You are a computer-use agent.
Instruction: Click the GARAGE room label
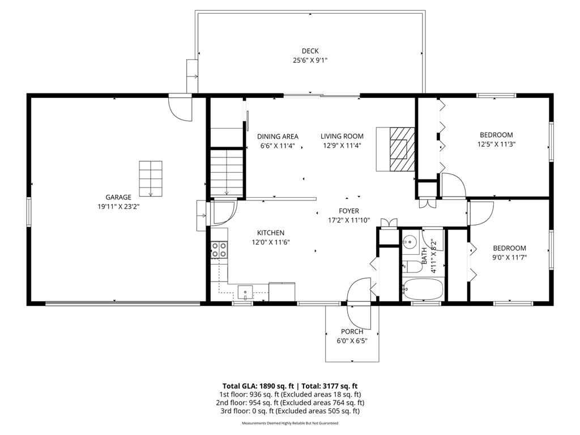click(118, 197)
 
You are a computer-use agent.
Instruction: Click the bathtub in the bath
click(422, 289)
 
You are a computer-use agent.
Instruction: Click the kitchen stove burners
click(219, 250)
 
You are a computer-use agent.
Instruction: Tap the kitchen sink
click(245, 292)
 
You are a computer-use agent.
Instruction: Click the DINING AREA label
click(278, 136)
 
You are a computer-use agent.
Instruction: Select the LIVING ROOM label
click(342, 136)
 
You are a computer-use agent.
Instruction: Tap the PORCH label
click(352, 331)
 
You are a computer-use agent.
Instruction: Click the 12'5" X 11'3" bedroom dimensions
click(496, 144)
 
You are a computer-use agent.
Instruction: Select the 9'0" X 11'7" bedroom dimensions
click(509, 257)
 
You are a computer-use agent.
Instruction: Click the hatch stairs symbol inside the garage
click(151, 178)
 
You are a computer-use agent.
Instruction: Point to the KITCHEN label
click(271, 233)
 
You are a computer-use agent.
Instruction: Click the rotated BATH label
click(425, 255)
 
